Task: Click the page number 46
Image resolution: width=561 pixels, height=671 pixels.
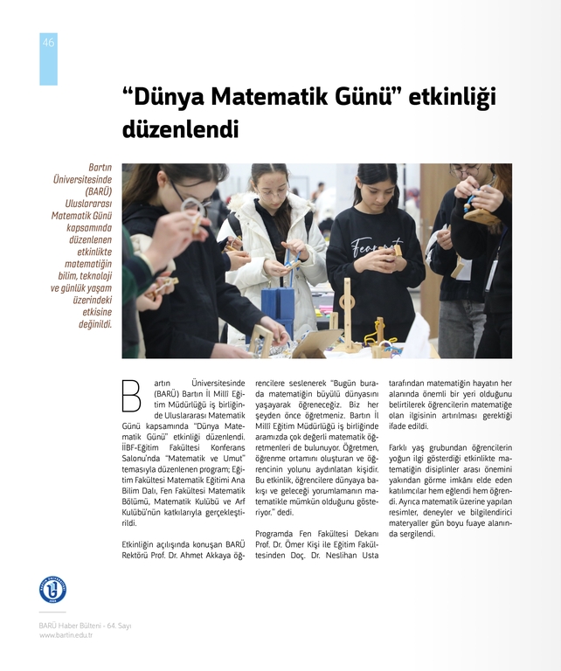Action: tap(48, 43)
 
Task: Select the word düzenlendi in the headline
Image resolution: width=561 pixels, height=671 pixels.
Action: tap(180, 130)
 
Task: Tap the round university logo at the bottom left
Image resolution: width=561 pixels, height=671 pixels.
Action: tap(52, 589)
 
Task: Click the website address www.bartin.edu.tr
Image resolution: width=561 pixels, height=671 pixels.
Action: tap(66, 635)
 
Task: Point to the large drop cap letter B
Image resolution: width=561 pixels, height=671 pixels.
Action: tap(131, 394)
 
